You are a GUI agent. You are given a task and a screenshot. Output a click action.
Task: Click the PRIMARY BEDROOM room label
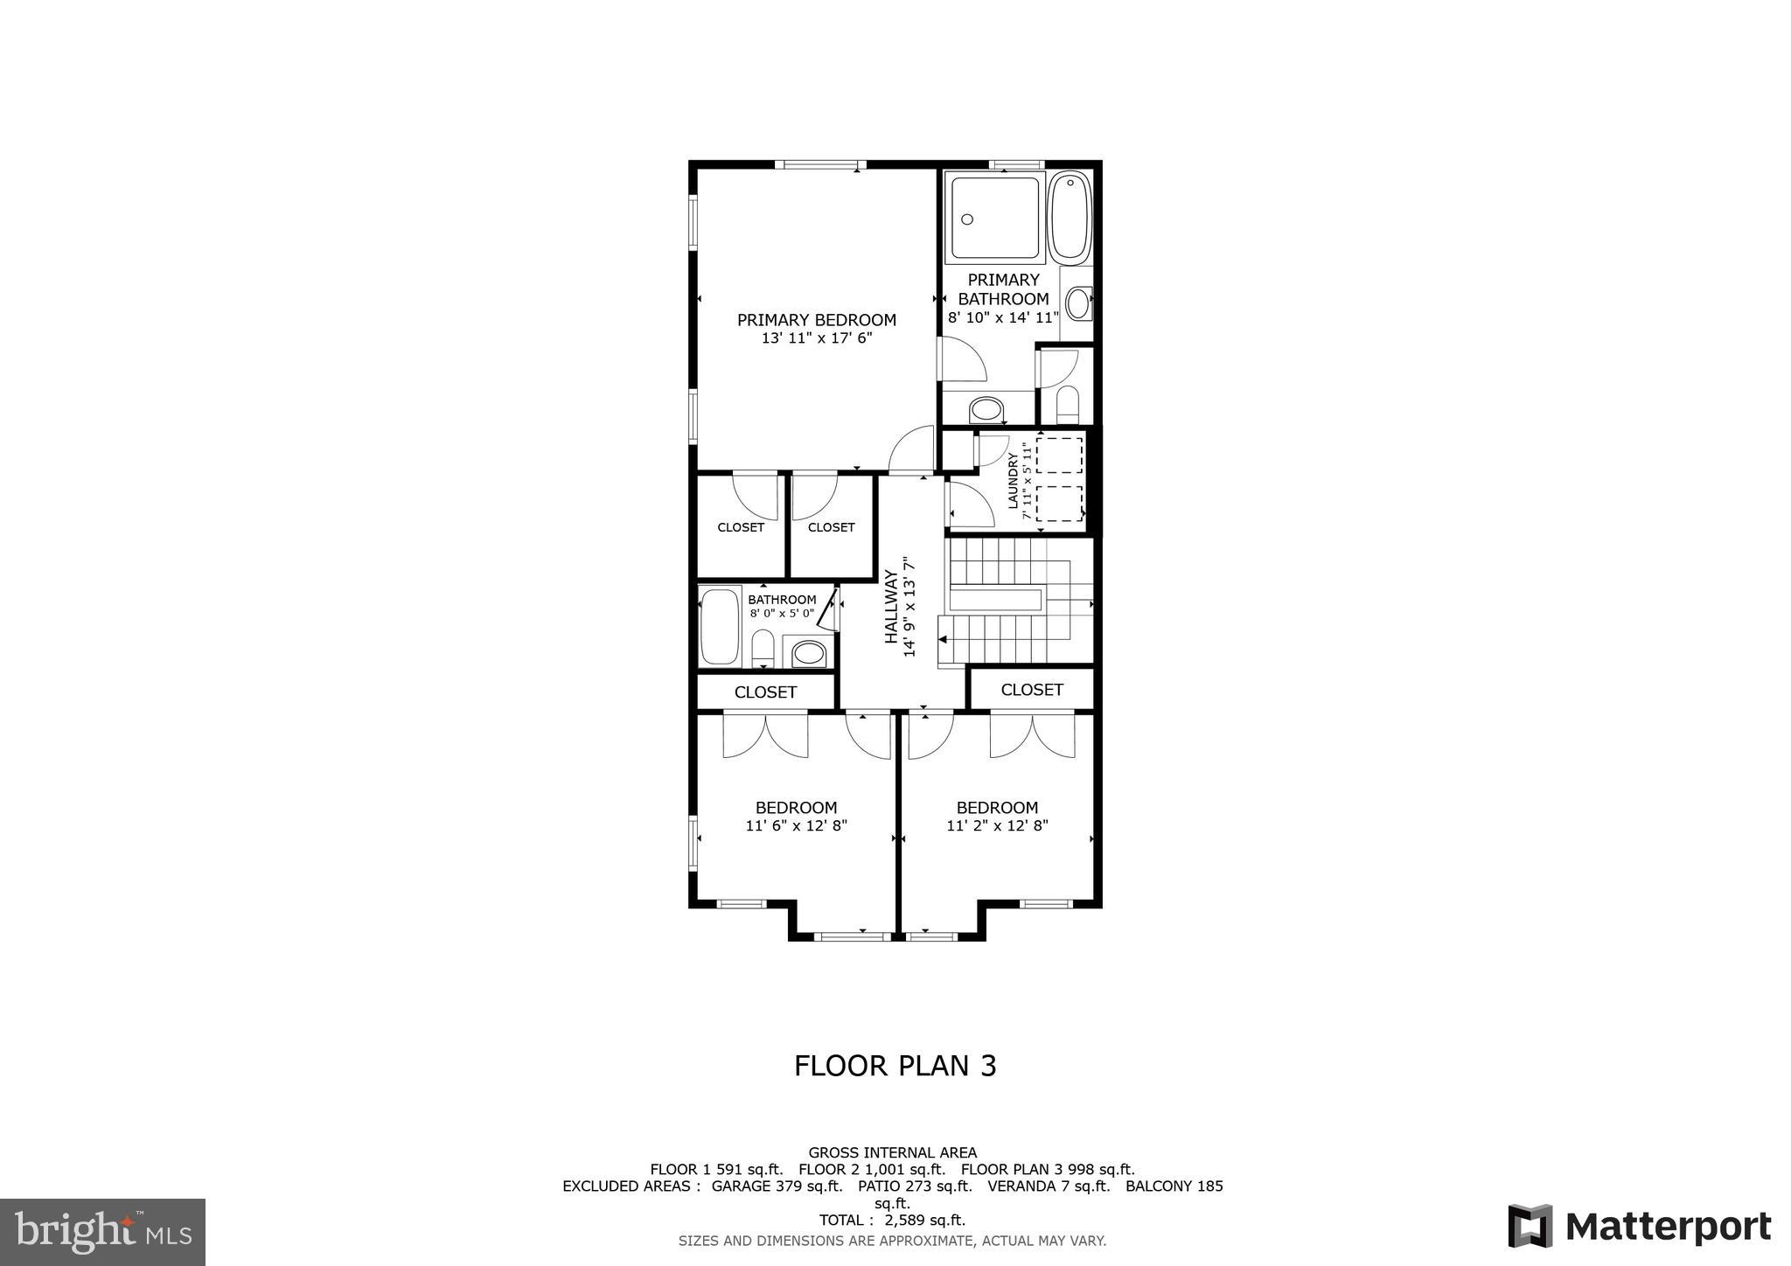pos(816,320)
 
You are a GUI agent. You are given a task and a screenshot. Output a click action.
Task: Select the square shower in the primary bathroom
pos(997,218)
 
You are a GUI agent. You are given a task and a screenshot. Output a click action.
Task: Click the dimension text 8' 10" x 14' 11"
pos(1003,318)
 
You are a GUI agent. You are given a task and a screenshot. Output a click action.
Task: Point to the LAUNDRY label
pos(1014,481)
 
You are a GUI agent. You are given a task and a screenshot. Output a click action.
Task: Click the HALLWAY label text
pos(890,607)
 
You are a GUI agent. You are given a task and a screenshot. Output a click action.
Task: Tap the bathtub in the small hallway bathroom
pos(721,627)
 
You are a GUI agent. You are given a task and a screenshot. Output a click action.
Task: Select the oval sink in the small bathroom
pos(809,653)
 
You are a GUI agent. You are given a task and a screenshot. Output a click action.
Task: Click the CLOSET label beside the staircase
pos(1032,690)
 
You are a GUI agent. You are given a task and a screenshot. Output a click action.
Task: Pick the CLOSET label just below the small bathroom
pos(765,692)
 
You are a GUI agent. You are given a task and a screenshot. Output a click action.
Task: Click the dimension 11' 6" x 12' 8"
pos(796,825)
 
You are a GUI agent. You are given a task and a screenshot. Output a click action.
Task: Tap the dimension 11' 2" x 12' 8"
pos(997,825)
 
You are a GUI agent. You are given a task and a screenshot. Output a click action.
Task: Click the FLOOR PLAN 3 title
pos(895,1066)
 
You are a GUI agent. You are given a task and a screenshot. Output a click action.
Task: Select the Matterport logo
pos(1639,1226)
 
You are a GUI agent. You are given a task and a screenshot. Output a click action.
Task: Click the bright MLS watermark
pos(102,1232)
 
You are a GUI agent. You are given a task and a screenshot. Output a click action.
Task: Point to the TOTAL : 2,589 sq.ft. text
pos(892,1220)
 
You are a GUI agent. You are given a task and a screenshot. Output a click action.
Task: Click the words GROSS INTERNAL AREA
pos(892,1152)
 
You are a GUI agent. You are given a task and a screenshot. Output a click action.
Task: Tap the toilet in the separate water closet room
pos(1068,406)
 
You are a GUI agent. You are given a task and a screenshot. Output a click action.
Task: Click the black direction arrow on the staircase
pos(943,639)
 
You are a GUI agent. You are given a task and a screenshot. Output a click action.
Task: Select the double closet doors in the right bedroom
pos(1032,736)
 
